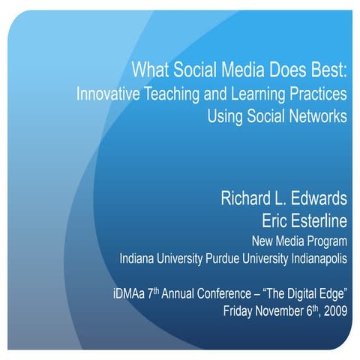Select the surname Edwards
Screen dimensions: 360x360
pyautogui.click(x=320, y=199)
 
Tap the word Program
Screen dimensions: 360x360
pyautogui.click(x=329, y=241)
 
